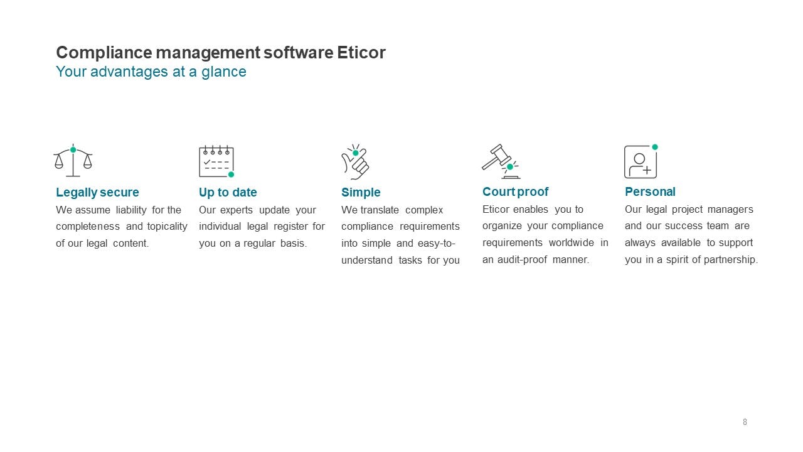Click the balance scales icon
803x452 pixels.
[73, 161]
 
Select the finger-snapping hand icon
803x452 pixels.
[355, 162]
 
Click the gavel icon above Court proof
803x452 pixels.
[500, 161]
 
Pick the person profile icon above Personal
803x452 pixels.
[641, 161]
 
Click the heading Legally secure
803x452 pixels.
[97, 192]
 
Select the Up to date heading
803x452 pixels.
[228, 192]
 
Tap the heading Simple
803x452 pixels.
[361, 192]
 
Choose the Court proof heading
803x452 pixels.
[515, 191]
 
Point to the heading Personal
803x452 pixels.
[650, 191]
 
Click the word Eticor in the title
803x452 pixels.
[361, 53]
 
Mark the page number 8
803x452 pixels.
[745, 422]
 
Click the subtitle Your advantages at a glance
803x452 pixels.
[151, 72]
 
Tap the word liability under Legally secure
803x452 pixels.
[131, 210]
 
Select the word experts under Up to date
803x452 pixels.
[236, 210]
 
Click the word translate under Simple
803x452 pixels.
[380, 210]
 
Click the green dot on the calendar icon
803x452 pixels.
[231, 175]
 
